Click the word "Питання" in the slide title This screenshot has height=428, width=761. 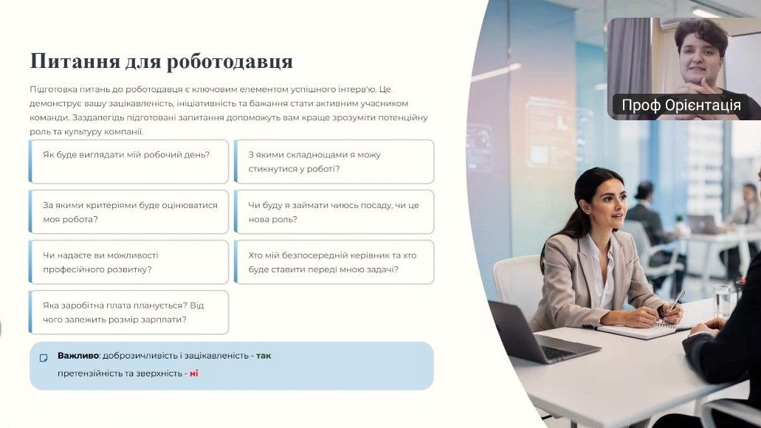click(75, 62)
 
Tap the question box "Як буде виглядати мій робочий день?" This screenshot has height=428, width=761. click(128, 162)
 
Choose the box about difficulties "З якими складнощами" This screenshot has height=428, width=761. click(334, 162)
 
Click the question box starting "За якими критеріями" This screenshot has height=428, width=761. click(128, 212)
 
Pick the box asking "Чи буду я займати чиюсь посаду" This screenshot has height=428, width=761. click(334, 212)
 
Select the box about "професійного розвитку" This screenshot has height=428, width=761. click(128, 262)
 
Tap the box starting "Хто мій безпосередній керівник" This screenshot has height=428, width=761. click(334, 262)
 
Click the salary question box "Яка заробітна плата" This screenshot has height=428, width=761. click(128, 312)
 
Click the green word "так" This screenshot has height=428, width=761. click(264, 356)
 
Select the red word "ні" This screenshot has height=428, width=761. click(193, 373)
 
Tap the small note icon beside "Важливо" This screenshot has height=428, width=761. click(44, 358)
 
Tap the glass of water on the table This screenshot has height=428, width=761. click(722, 301)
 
